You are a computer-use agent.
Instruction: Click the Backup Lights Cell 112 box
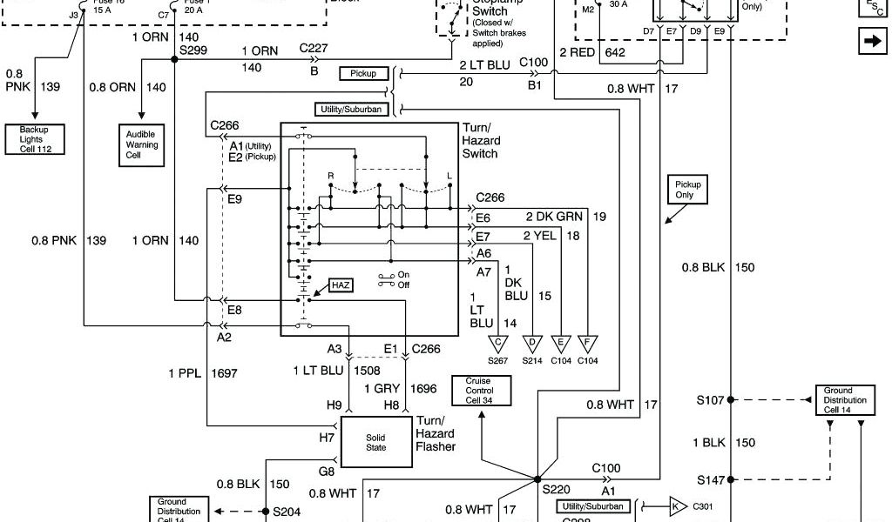(x=36, y=139)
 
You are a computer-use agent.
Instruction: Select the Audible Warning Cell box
(x=142, y=144)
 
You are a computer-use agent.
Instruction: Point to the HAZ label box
(x=341, y=284)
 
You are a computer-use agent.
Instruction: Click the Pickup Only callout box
(x=688, y=190)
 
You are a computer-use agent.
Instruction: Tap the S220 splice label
(x=556, y=490)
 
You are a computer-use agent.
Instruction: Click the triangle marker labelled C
(x=499, y=343)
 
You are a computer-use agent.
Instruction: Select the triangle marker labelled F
(x=588, y=343)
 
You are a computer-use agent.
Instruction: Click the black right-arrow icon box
(x=871, y=42)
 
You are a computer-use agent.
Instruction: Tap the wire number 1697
(x=225, y=373)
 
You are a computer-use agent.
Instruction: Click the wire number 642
(x=615, y=52)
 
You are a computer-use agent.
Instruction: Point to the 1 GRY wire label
(x=381, y=388)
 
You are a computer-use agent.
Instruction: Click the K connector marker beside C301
(x=677, y=505)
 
